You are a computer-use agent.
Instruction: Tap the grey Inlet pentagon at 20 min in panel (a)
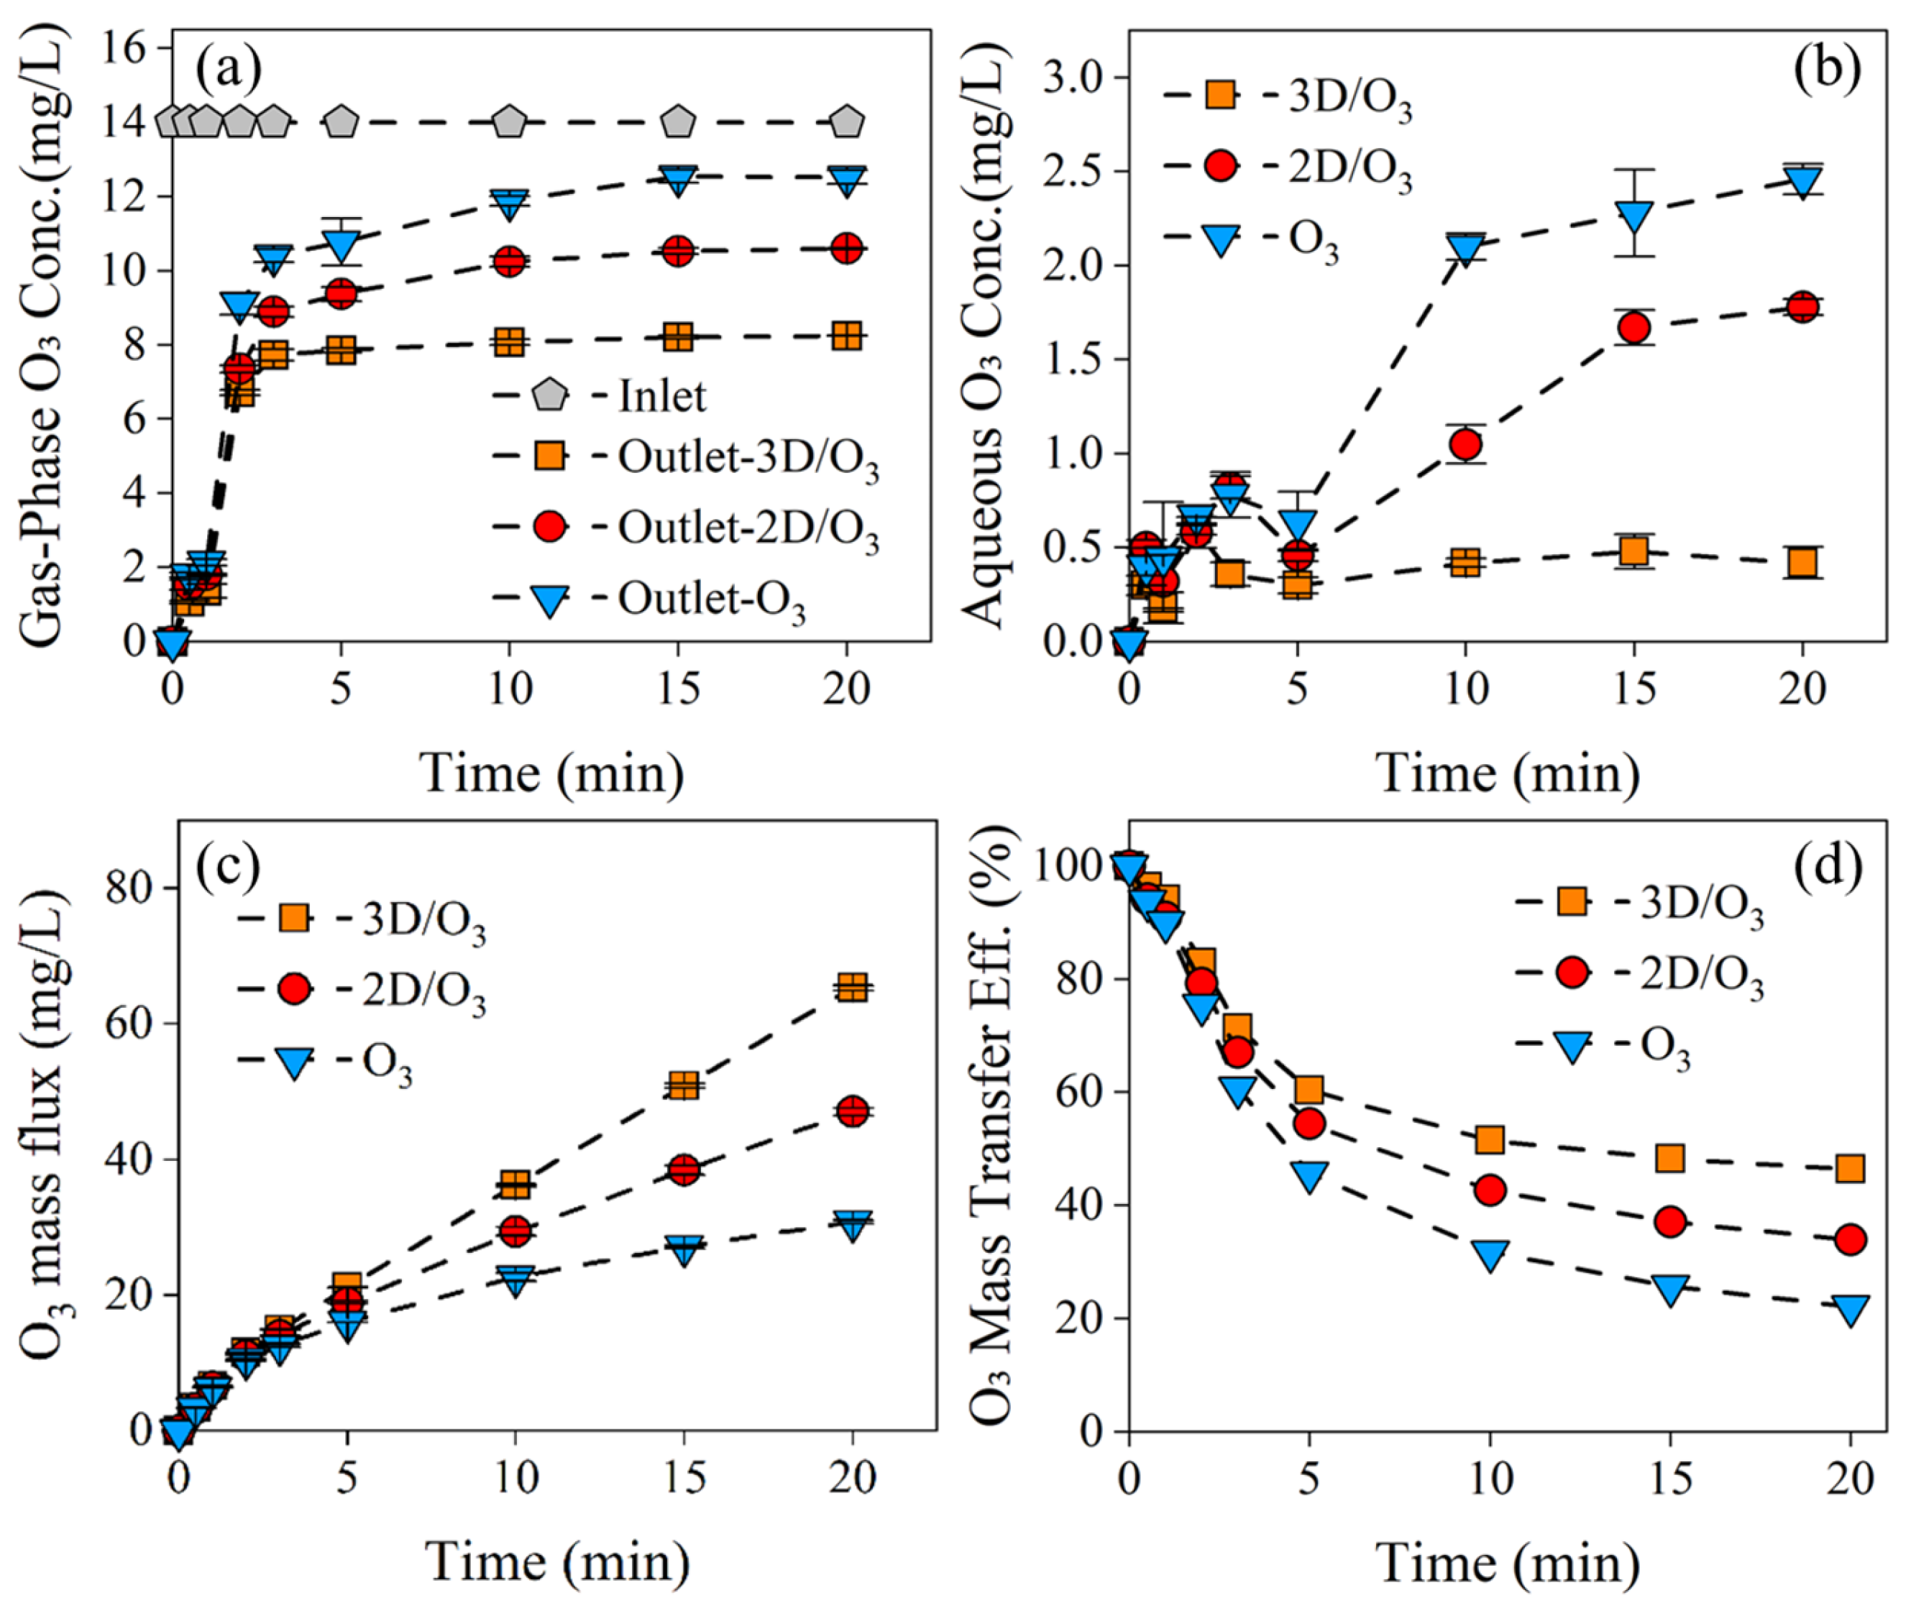tap(847, 121)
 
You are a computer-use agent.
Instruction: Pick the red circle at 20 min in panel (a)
tap(847, 248)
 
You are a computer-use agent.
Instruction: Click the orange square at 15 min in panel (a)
tap(678, 336)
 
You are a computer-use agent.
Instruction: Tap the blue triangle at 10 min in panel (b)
tap(1465, 248)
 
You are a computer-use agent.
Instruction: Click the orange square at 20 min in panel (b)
tap(1802, 562)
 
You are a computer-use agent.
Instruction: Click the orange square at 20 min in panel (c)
tap(852, 987)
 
